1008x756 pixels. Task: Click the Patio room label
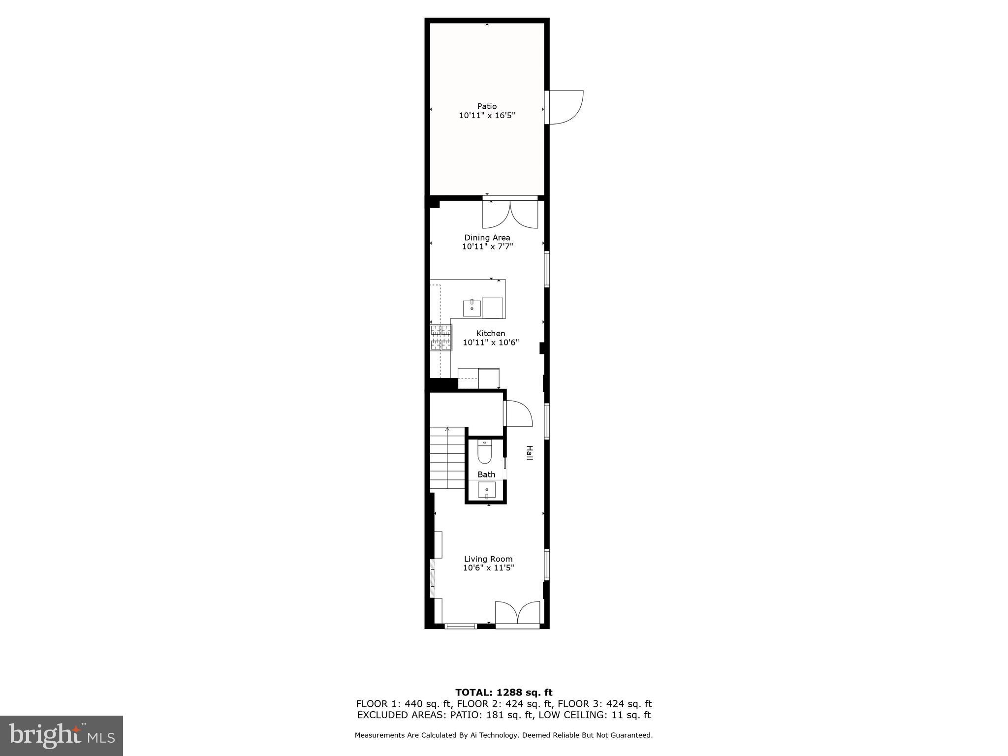[487, 106]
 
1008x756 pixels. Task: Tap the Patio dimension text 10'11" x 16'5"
[487, 116]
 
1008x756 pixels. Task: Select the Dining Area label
[487, 238]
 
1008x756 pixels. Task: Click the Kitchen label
[490, 333]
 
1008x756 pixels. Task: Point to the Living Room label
[488, 559]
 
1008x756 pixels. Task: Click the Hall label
[530, 453]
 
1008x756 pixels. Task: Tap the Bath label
[486, 474]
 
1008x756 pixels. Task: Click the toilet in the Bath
[485, 453]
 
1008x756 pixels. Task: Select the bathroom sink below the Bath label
[487, 490]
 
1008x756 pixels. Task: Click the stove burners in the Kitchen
[441, 338]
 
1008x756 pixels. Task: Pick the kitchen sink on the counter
[472, 308]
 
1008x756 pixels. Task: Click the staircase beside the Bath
[447, 458]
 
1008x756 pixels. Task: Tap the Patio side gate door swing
[565, 107]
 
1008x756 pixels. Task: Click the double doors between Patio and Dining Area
[510, 214]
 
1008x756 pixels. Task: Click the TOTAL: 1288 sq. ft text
[504, 693]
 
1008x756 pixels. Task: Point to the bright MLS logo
[62, 736]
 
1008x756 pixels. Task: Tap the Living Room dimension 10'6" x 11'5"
[488, 568]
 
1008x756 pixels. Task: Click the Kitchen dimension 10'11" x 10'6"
[491, 343]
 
